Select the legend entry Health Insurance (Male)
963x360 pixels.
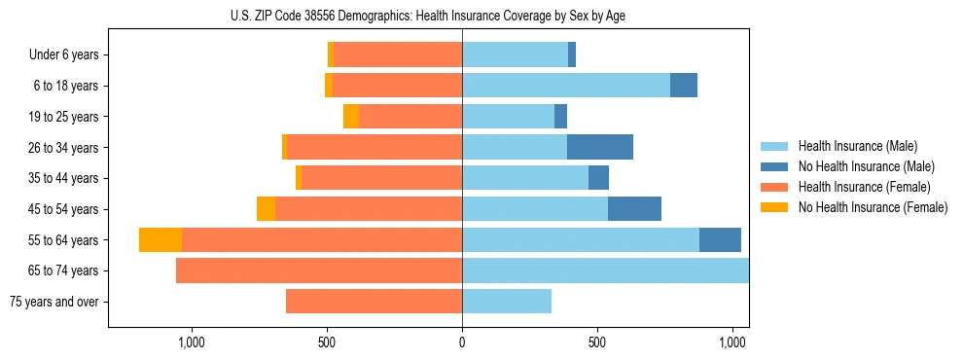tap(857, 147)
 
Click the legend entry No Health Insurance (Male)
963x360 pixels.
tap(866, 166)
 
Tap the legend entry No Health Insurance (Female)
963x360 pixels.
tap(872, 207)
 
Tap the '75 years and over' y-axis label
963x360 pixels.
tap(54, 302)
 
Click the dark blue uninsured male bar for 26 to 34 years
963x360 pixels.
tap(600, 147)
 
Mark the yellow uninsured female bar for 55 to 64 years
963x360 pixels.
tap(160, 239)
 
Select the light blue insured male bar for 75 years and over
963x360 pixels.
tap(507, 302)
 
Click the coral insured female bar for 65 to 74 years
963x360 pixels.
tap(319, 270)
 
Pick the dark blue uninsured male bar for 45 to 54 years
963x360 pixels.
tap(634, 209)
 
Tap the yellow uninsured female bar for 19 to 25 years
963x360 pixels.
tap(351, 117)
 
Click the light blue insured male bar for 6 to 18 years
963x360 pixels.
tap(566, 86)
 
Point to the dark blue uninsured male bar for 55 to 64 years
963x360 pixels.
tap(720, 239)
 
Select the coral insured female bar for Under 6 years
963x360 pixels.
tap(398, 55)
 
